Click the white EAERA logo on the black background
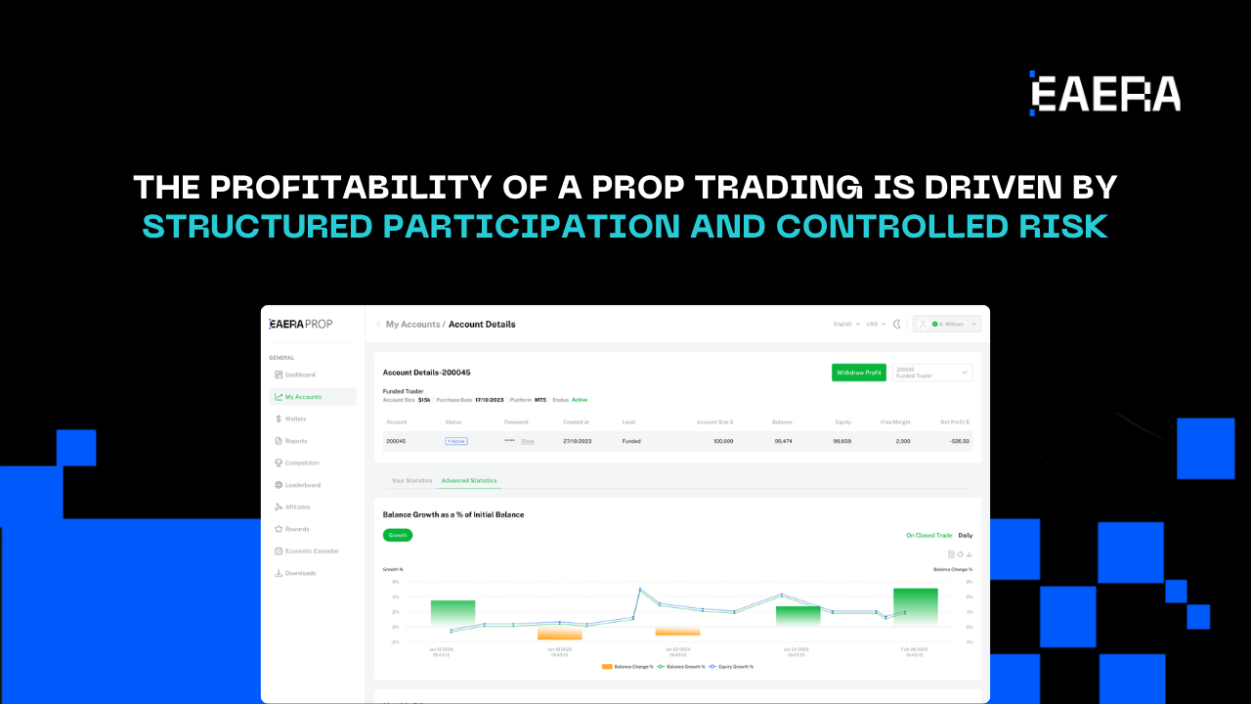point(1104,94)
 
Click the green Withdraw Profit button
point(859,373)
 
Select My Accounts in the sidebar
point(303,397)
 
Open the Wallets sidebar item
point(295,418)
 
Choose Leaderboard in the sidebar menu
point(302,485)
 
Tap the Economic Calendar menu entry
point(312,551)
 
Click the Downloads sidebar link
point(300,573)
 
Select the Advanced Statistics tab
point(469,481)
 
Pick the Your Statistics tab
point(411,481)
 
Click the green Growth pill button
point(398,535)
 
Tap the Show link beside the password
point(528,441)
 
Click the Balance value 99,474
point(782,441)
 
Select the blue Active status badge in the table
point(456,441)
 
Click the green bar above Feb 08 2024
point(915,606)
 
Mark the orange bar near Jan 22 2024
point(677,632)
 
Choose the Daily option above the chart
point(965,535)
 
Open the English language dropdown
point(845,324)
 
